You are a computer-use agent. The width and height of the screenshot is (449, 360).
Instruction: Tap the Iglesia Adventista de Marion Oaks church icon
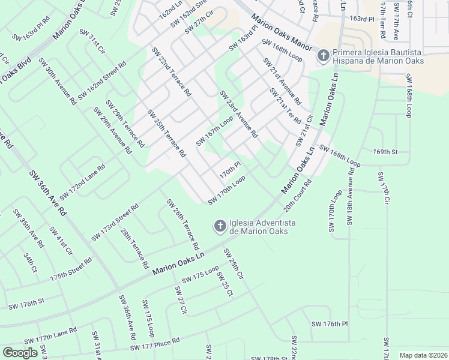pos(220,226)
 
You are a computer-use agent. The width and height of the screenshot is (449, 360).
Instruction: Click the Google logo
pos(20,353)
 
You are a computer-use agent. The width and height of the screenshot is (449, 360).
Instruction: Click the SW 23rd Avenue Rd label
pos(238,114)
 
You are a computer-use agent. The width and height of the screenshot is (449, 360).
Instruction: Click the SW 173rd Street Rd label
pos(115,222)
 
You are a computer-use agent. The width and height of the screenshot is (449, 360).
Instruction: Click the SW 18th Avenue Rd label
pos(351,194)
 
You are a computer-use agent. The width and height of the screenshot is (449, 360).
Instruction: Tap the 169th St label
pos(385,152)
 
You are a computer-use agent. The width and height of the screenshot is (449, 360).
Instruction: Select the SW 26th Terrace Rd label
pos(182,224)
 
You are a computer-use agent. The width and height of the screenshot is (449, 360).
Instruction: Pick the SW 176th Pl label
pos(330,324)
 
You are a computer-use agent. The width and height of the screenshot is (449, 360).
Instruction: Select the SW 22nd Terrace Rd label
pos(171,72)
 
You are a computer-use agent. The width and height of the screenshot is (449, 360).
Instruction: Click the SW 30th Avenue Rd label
pos(57,82)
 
